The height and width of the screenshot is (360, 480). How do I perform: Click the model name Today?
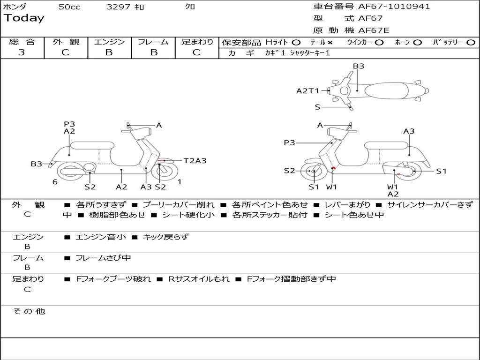24,18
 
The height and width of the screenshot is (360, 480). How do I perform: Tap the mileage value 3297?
119,7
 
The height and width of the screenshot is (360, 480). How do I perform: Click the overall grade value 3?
22,52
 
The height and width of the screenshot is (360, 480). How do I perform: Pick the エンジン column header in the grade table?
109,42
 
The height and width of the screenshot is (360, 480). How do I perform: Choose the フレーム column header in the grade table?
153,42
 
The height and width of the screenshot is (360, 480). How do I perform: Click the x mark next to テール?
330,42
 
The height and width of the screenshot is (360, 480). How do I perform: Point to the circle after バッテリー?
471,42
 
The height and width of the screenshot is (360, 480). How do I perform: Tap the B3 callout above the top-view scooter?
359,66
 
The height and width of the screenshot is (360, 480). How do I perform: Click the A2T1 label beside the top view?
307,91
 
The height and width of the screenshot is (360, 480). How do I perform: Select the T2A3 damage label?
195,161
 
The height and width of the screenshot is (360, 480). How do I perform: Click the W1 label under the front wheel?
331,187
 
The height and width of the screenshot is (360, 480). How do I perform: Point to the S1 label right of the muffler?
441,171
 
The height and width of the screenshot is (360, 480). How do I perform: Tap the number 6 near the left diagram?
55,182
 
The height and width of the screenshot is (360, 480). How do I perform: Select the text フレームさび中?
103,258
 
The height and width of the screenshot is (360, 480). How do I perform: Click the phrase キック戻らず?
165,237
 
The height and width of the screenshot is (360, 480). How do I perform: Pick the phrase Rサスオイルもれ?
199,279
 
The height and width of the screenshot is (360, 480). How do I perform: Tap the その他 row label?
29,311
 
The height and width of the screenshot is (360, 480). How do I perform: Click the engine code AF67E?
374,30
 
